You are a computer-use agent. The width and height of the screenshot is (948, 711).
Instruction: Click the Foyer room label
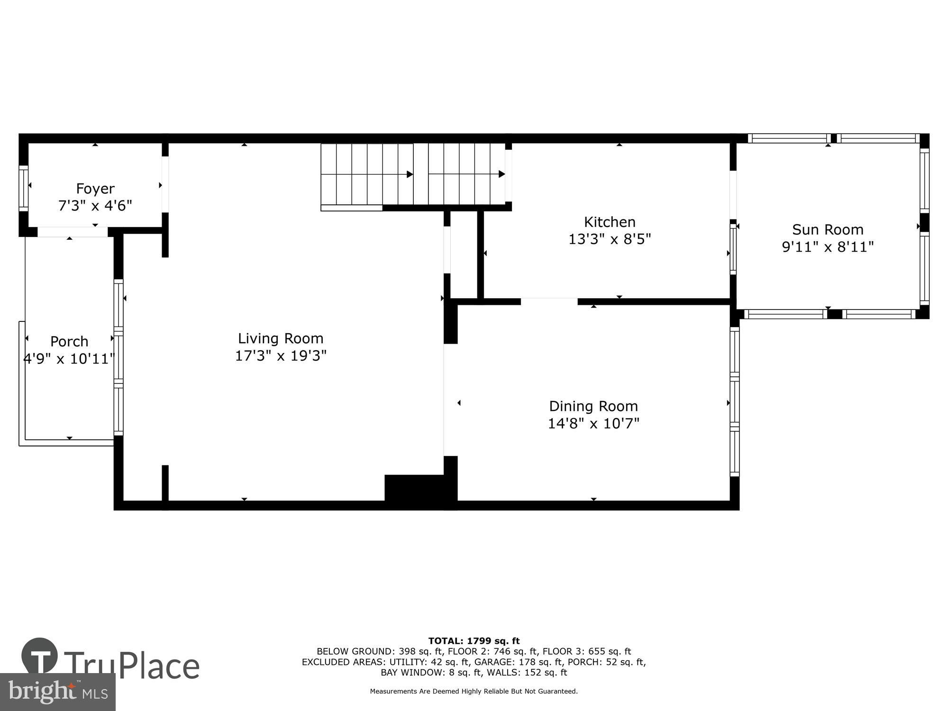[x=95, y=189]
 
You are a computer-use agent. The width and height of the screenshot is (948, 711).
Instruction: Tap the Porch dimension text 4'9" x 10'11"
[x=69, y=359]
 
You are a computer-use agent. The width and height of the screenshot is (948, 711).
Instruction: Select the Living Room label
[x=281, y=338]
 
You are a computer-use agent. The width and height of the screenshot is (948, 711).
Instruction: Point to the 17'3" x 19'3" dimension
[x=281, y=355]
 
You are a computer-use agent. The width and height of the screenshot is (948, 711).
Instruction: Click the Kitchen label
[x=610, y=222]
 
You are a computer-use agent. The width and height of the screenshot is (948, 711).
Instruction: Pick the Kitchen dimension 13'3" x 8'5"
[x=610, y=239]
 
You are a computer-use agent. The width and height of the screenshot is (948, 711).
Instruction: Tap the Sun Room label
[x=828, y=229]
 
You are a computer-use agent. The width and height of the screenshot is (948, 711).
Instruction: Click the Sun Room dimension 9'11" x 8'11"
[x=828, y=246]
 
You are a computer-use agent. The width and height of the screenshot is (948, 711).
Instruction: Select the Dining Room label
[x=593, y=406]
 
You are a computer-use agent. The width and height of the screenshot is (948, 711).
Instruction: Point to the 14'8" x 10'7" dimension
[x=593, y=423]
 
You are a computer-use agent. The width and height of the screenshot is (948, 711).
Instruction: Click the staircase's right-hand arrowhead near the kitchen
[x=501, y=174]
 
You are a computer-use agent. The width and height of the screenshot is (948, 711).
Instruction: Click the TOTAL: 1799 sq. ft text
[x=474, y=641]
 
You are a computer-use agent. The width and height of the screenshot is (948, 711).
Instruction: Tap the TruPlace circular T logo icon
[x=39, y=656]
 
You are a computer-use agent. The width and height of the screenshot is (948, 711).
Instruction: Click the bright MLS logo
[x=57, y=692]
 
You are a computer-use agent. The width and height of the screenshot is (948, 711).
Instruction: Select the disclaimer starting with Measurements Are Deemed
[x=474, y=692]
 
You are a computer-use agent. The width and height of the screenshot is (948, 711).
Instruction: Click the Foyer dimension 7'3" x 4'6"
[x=95, y=206]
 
